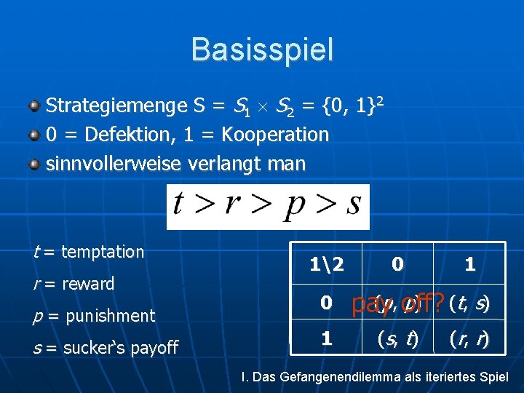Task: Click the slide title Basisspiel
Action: click(262, 49)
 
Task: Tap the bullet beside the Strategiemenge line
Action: click(34, 107)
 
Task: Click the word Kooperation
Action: click(275, 135)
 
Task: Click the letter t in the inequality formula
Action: click(178, 205)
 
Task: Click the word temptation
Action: click(103, 252)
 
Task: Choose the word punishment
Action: click(108, 316)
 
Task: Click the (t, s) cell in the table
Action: click(469, 301)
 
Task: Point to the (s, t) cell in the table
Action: click(397, 338)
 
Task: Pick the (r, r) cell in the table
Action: click(469, 338)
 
